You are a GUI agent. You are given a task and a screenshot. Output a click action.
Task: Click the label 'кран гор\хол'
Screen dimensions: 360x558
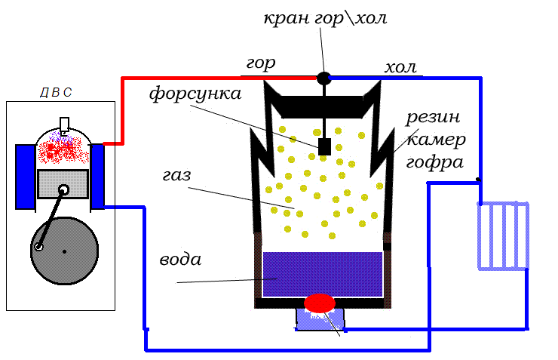325,17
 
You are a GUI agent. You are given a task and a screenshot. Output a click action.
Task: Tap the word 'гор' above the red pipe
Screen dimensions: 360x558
262,63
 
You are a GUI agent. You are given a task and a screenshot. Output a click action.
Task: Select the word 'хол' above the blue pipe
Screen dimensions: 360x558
400,68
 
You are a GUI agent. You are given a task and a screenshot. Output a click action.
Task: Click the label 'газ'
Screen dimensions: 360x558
176,176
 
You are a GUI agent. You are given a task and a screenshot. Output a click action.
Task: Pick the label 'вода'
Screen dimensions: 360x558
180,260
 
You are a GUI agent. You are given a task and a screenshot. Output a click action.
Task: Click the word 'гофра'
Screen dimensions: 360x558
434,162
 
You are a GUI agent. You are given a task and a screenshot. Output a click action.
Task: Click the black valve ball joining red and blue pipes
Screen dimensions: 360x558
323,78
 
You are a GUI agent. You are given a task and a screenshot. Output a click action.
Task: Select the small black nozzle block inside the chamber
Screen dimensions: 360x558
325,146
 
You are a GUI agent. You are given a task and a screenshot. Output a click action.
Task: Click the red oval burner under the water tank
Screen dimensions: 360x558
320,303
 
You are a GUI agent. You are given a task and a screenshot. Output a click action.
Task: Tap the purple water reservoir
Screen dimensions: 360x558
323,273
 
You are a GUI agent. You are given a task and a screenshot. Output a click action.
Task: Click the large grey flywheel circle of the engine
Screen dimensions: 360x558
65,251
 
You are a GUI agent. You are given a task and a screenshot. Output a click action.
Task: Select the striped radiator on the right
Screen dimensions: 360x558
503,235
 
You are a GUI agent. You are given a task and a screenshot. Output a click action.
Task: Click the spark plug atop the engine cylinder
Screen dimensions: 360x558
65,125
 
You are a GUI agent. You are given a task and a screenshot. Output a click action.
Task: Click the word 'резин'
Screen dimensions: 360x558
433,118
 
